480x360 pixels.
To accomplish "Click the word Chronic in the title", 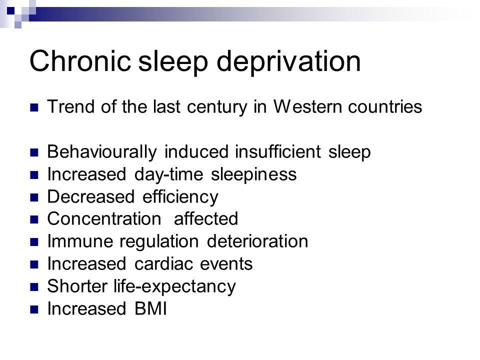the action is pos(80,61).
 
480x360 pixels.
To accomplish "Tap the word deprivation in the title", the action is pos(288,62).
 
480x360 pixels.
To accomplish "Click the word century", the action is pos(217,107).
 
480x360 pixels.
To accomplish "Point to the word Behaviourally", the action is pos(102,152).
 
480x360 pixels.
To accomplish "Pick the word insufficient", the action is pos(278,151).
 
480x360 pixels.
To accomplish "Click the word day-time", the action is pos(168,175).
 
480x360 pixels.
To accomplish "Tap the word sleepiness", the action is pos(254,175).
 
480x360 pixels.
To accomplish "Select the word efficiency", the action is pos(180,197).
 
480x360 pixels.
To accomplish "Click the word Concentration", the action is pos(104,219).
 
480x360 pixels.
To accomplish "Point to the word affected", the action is pos(206,218).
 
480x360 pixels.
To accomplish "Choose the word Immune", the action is pos(80,241).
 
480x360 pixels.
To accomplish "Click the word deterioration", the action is pos(257,241).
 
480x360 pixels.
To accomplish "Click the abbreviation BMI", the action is pos(150,308).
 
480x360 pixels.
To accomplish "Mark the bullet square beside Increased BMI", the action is pos(34,309).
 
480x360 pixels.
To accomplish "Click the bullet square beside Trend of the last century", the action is pos(34,108).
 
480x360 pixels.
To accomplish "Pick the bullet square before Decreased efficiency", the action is pos(34,197).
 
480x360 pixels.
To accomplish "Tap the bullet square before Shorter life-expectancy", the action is pos(34,287).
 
